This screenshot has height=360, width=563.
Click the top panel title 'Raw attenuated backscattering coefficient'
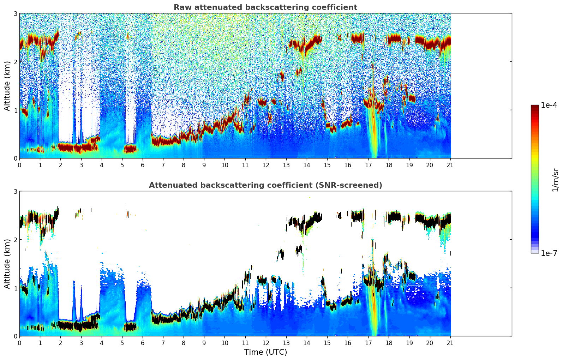265,7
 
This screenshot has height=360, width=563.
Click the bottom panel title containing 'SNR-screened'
265,185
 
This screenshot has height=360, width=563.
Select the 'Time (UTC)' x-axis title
265,352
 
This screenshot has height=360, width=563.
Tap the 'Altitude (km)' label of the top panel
7,86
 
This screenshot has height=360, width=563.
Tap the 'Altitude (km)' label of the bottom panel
7,264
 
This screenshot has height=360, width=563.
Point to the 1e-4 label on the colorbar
549,105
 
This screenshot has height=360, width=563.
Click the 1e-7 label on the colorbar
549,253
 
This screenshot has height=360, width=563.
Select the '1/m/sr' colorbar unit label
555,180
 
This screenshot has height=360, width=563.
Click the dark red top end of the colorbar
535,107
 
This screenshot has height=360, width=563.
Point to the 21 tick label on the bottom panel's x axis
450,343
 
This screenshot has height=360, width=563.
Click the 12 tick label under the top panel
265,165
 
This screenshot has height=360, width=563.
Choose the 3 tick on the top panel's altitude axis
16,13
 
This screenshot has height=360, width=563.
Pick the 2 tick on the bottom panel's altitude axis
16,240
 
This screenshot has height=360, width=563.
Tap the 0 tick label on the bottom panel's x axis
19,343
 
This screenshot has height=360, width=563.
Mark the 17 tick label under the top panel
368,165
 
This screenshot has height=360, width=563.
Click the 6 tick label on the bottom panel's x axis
143,343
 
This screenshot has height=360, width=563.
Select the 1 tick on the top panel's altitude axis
16,110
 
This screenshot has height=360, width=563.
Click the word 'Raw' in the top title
181,7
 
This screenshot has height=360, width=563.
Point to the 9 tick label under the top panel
204,165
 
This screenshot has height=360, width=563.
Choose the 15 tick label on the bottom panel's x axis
327,343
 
